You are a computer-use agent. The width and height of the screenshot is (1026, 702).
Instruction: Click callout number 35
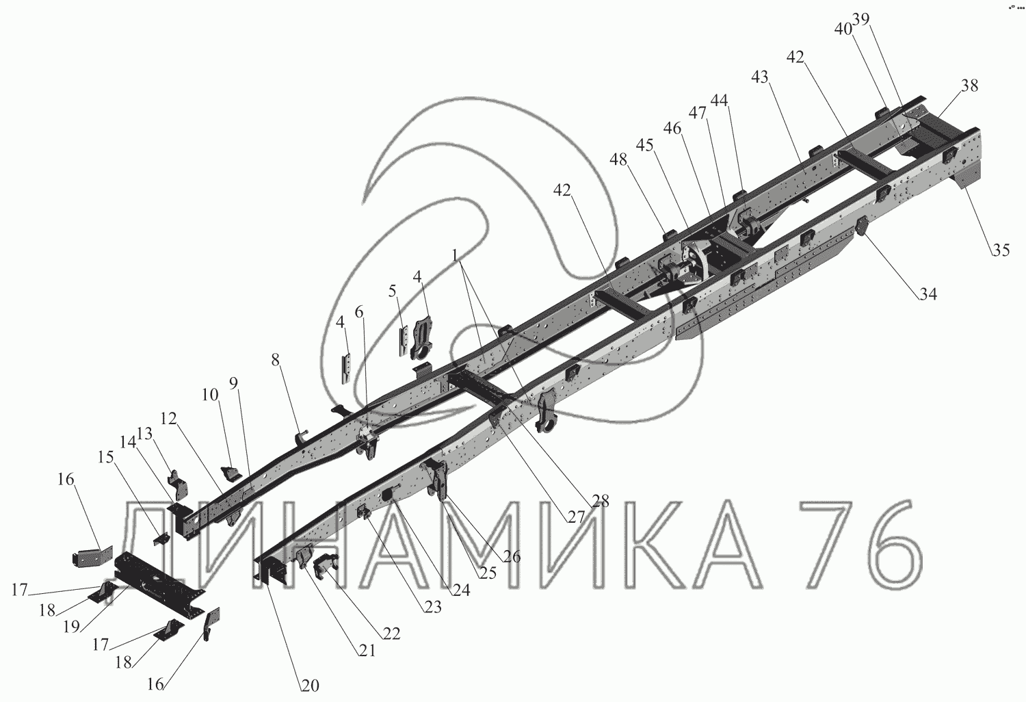point(1001,250)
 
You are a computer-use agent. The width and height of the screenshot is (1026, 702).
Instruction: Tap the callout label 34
point(928,294)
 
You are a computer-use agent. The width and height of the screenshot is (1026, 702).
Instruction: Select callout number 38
point(969,86)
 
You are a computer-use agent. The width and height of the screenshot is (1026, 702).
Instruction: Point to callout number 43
point(760,77)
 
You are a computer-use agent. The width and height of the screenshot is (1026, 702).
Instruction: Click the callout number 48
point(619,159)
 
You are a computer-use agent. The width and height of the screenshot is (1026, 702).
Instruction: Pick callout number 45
point(645,145)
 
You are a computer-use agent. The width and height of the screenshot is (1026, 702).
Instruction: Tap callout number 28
point(601,501)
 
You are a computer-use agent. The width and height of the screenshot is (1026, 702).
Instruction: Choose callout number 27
point(577,517)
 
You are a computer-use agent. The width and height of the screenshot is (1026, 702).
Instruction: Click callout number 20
point(310,686)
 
